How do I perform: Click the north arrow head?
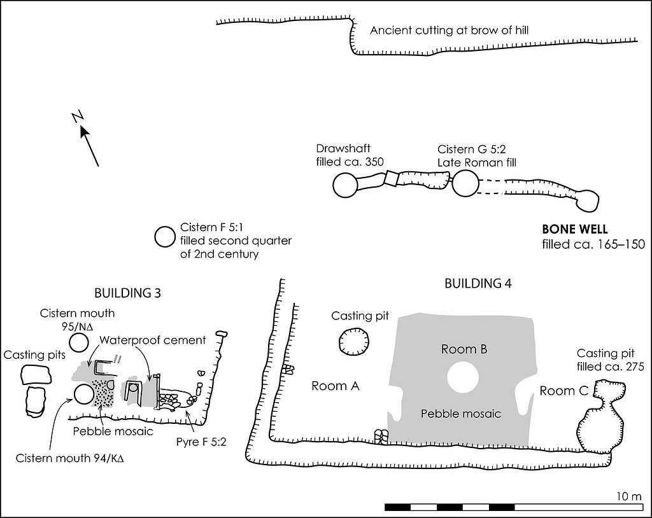[x=84, y=131]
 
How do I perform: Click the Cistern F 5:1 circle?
[x=165, y=237]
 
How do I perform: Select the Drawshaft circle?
[x=345, y=185]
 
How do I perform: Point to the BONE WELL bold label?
[x=575, y=230]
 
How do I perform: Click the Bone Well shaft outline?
[x=586, y=201]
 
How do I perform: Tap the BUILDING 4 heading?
[x=478, y=284]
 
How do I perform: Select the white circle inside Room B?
[x=463, y=377]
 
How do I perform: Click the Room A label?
[x=336, y=386]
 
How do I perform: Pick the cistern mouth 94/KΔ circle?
[x=84, y=395]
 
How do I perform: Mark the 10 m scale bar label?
[x=630, y=496]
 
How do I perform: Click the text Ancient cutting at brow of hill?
[x=450, y=30]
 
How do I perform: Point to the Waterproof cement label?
[x=153, y=340]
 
